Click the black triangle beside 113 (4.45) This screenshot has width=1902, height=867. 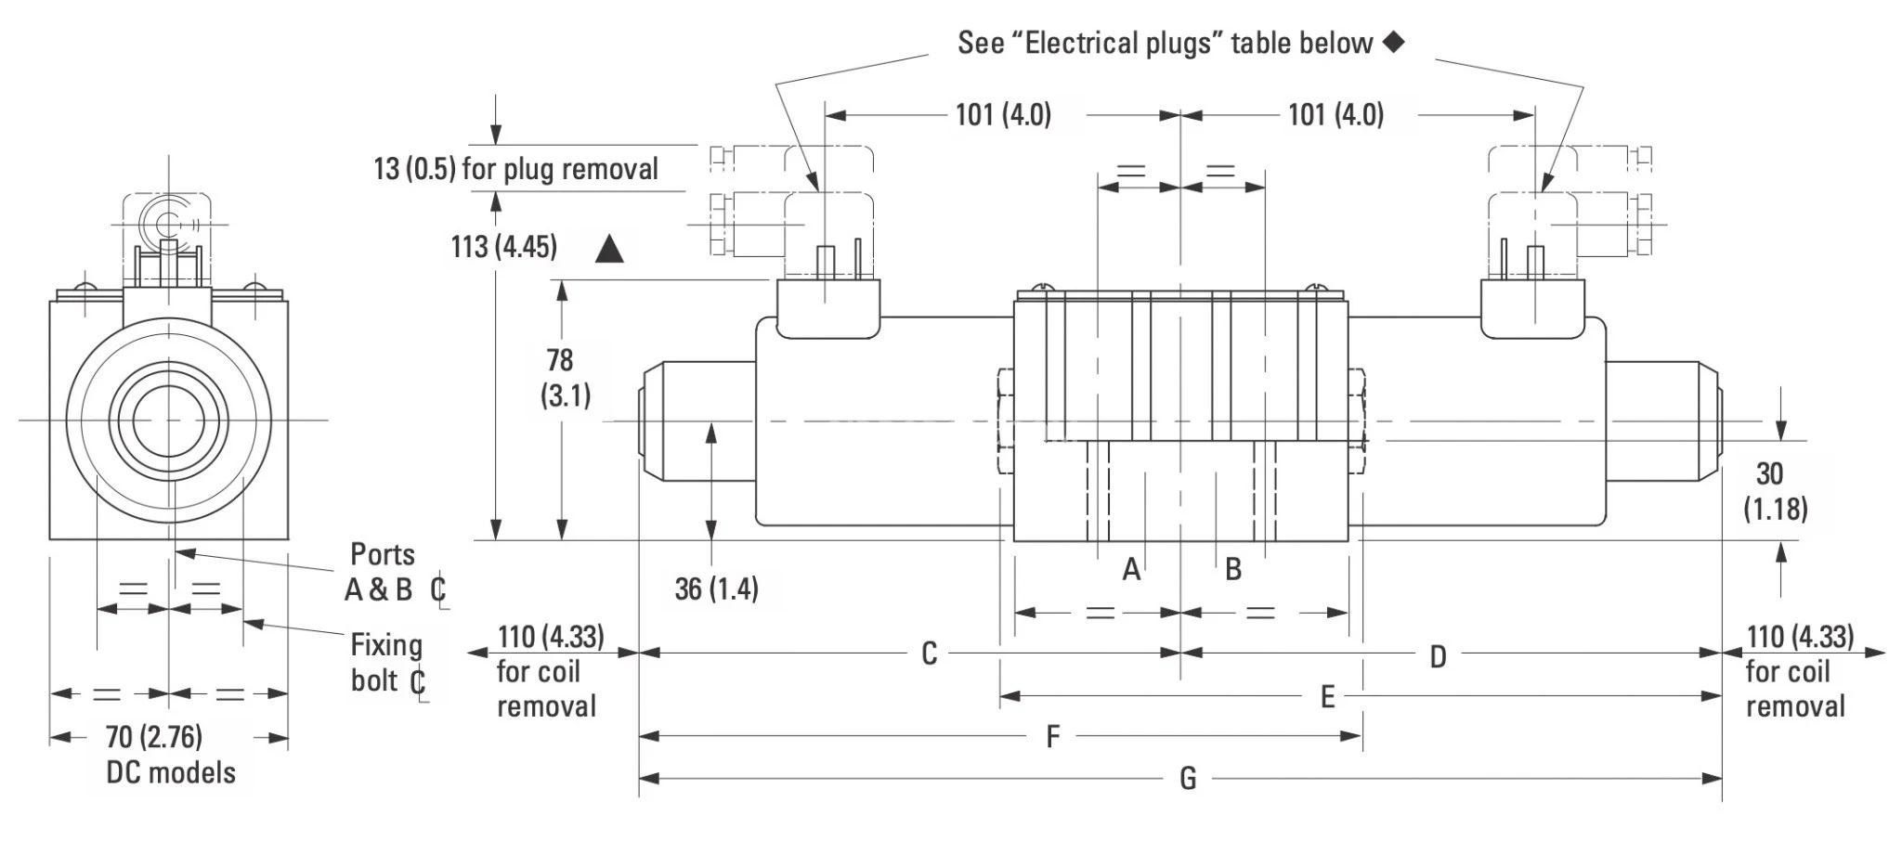pyautogui.click(x=609, y=249)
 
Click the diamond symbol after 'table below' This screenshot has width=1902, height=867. pyautogui.click(x=1393, y=42)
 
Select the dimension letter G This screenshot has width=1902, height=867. pyautogui.click(x=1188, y=778)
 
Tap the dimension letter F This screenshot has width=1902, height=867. pyautogui.click(x=1052, y=737)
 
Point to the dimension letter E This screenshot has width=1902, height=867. pyautogui.click(x=1327, y=696)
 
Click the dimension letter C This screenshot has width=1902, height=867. pyautogui.click(x=929, y=653)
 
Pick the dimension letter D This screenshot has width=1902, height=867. pyautogui.click(x=1438, y=657)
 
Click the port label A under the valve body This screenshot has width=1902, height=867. pyautogui.click(x=1130, y=569)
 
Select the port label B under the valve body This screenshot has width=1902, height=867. pyautogui.click(x=1233, y=569)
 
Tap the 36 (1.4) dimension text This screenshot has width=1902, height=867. pyautogui.click(x=716, y=589)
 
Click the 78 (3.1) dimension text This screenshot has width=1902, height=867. pyautogui.click(x=566, y=378)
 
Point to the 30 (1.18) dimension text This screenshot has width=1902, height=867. pyautogui.click(x=1774, y=491)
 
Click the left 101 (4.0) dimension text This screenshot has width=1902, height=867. pyautogui.click(x=1003, y=115)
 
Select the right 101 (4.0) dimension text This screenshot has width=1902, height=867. pyautogui.click(x=1335, y=115)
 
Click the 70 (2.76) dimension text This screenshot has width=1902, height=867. pyautogui.click(x=153, y=737)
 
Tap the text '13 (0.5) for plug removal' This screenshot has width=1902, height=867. pyautogui.click(x=515, y=169)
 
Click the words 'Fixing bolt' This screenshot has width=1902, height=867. pyautogui.click(x=385, y=663)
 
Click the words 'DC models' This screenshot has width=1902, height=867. pyautogui.click(x=171, y=772)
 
